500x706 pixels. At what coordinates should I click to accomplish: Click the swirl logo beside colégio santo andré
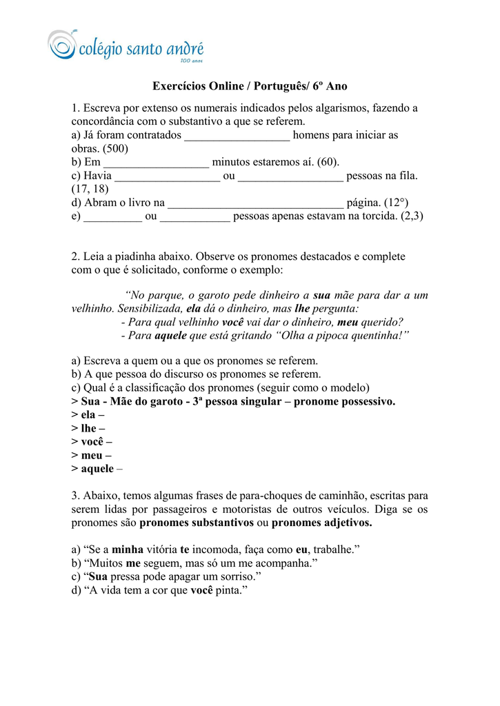(62, 45)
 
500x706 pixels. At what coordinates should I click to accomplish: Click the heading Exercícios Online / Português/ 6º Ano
(250, 86)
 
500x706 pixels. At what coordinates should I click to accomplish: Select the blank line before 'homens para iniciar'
(237, 136)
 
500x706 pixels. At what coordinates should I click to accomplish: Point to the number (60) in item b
(328, 162)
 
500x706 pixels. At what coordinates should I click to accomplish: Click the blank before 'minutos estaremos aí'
(156, 163)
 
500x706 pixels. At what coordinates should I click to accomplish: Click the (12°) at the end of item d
(396, 203)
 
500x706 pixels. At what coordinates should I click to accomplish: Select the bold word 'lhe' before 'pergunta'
(301, 308)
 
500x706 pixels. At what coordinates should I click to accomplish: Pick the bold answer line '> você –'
(92, 442)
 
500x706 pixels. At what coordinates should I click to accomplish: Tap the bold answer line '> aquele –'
(97, 469)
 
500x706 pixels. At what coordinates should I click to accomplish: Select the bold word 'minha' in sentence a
(127, 549)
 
